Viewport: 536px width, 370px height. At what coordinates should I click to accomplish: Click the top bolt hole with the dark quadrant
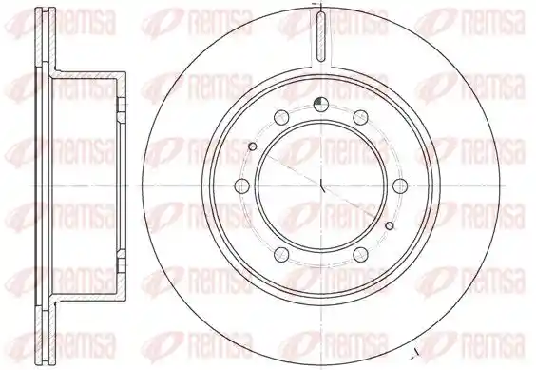[320, 105]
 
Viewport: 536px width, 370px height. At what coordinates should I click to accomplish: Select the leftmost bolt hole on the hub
[242, 185]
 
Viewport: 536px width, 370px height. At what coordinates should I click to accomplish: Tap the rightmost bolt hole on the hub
[400, 185]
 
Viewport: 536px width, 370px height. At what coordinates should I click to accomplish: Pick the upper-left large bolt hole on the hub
[281, 117]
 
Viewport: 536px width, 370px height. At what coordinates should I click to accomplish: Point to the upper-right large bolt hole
[360, 117]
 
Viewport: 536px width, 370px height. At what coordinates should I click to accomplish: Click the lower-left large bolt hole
[281, 254]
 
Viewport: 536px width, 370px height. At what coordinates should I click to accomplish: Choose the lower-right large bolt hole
[360, 254]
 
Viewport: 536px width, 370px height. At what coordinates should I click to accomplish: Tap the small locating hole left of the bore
[253, 146]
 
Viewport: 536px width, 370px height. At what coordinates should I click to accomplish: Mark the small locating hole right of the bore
[390, 225]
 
